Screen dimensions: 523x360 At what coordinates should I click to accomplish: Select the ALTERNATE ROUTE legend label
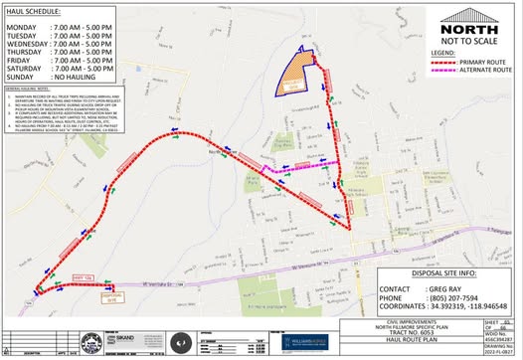pos(487,70)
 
